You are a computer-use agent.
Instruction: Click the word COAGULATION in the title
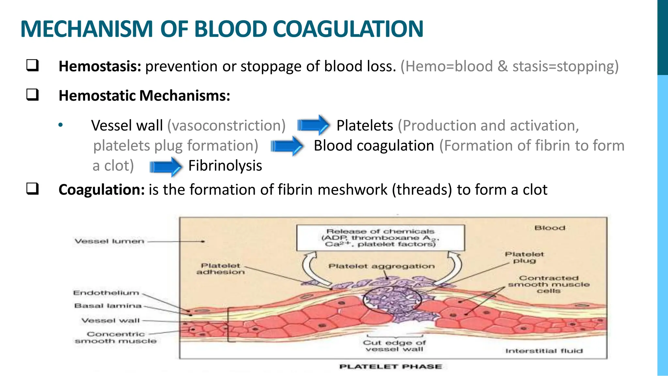click(348, 29)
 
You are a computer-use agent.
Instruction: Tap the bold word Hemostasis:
click(100, 66)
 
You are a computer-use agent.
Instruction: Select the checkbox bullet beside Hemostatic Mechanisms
click(33, 95)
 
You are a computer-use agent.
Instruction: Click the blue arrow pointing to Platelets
click(313, 125)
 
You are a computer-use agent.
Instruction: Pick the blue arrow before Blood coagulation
click(287, 146)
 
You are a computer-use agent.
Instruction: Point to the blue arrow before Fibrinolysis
click(166, 167)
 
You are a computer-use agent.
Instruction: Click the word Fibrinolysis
click(225, 166)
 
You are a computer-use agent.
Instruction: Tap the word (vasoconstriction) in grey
click(226, 126)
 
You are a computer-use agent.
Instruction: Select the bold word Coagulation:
click(101, 190)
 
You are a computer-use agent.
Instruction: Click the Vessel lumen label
click(109, 241)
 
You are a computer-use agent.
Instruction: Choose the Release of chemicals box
click(380, 238)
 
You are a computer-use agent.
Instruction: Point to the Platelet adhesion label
click(220, 269)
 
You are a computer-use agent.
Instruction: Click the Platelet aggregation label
click(381, 266)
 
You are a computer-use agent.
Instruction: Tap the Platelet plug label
click(524, 257)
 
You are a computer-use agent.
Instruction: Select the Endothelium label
click(106, 293)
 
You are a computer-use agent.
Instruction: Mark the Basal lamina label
click(108, 306)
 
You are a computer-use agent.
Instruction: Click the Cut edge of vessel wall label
click(394, 346)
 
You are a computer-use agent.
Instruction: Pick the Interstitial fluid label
click(544, 351)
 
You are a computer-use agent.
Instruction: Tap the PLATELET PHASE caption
click(390, 367)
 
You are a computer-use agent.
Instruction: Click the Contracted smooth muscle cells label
click(549, 284)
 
